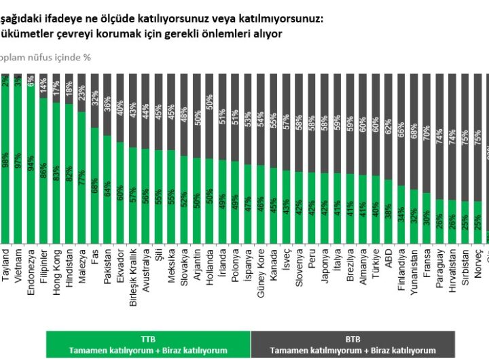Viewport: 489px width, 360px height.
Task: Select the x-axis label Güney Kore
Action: click(260, 271)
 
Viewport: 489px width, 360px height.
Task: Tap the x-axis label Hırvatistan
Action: click(452, 272)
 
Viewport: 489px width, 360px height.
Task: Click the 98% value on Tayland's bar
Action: click(6, 162)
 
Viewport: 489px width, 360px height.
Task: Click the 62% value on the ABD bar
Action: click(388, 126)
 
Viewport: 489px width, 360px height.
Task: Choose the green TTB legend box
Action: click(147, 344)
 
